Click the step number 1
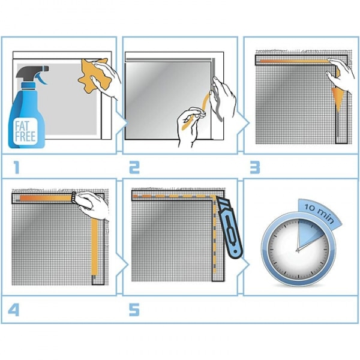(16, 167)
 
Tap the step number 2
(134, 167)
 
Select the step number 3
(255, 167)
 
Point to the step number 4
(14, 310)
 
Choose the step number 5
(134, 310)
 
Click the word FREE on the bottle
(25, 137)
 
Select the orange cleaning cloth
(93, 76)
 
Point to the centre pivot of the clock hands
(298, 250)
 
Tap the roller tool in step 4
(74, 197)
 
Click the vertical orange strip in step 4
(94, 247)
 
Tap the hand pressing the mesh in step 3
(340, 73)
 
